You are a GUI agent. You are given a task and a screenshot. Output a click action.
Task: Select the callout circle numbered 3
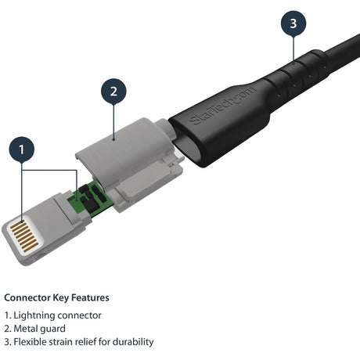click(293, 24)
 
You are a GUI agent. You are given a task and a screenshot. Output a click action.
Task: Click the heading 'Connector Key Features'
click(56, 297)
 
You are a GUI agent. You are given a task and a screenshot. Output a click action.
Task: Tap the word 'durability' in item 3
click(131, 342)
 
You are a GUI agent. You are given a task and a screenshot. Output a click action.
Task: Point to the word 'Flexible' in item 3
click(32, 342)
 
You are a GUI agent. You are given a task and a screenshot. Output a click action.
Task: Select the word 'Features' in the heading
click(90, 297)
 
